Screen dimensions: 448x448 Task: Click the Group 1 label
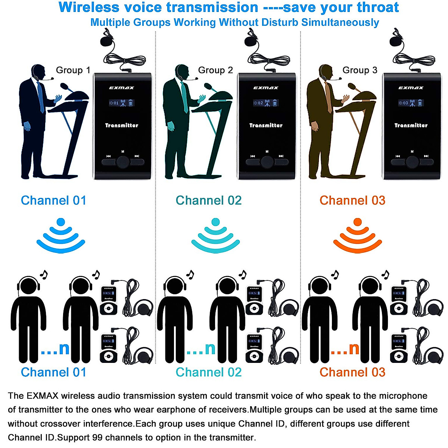[73, 70]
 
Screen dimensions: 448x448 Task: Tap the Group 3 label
[360, 70]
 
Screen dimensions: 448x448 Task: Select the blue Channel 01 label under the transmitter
[53, 200]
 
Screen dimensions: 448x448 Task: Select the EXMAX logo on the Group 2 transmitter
[266, 88]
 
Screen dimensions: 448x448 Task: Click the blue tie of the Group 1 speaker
[41, 97]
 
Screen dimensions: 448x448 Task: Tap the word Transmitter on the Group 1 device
[122, 125]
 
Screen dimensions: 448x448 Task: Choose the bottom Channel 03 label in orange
[352, 372]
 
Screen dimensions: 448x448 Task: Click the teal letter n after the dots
[210, 349]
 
